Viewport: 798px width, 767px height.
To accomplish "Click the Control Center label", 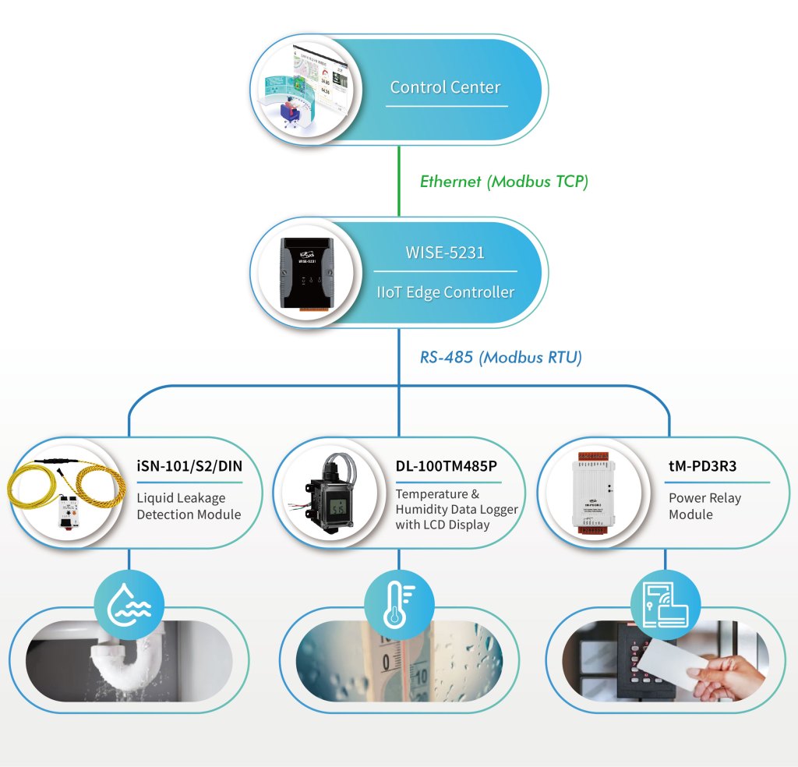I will point(445,87).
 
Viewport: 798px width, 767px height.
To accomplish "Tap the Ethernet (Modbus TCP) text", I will point(503,182).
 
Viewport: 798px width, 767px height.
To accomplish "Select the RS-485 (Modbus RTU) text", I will point(501,358).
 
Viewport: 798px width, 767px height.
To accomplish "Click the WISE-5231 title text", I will point(444,253).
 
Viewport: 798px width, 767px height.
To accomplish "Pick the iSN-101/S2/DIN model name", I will point(188,467).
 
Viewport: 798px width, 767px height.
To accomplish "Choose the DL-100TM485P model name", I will point(446,467).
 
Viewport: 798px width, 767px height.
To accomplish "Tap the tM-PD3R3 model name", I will point(703,467).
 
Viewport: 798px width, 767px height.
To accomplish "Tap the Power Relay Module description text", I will point(704,506).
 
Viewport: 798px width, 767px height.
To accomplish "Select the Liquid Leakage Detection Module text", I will point(188,506).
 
